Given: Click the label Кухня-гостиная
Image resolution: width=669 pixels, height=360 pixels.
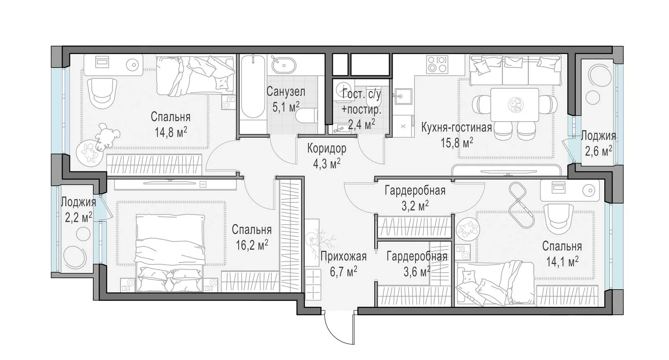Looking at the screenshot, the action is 456,128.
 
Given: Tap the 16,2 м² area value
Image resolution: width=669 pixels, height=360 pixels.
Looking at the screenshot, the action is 252,245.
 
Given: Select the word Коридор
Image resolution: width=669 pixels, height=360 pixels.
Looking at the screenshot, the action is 327,148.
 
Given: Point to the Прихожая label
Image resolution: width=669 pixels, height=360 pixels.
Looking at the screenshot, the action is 343,256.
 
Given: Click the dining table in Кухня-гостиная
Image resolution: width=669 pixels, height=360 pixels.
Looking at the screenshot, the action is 515,105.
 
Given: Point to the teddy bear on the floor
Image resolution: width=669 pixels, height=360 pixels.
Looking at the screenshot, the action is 107,136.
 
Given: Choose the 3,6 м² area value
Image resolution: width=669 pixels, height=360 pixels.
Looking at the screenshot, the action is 417,272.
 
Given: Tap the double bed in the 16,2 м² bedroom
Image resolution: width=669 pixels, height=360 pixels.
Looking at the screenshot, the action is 170,253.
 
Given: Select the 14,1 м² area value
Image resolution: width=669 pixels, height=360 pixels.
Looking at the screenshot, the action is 562,262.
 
